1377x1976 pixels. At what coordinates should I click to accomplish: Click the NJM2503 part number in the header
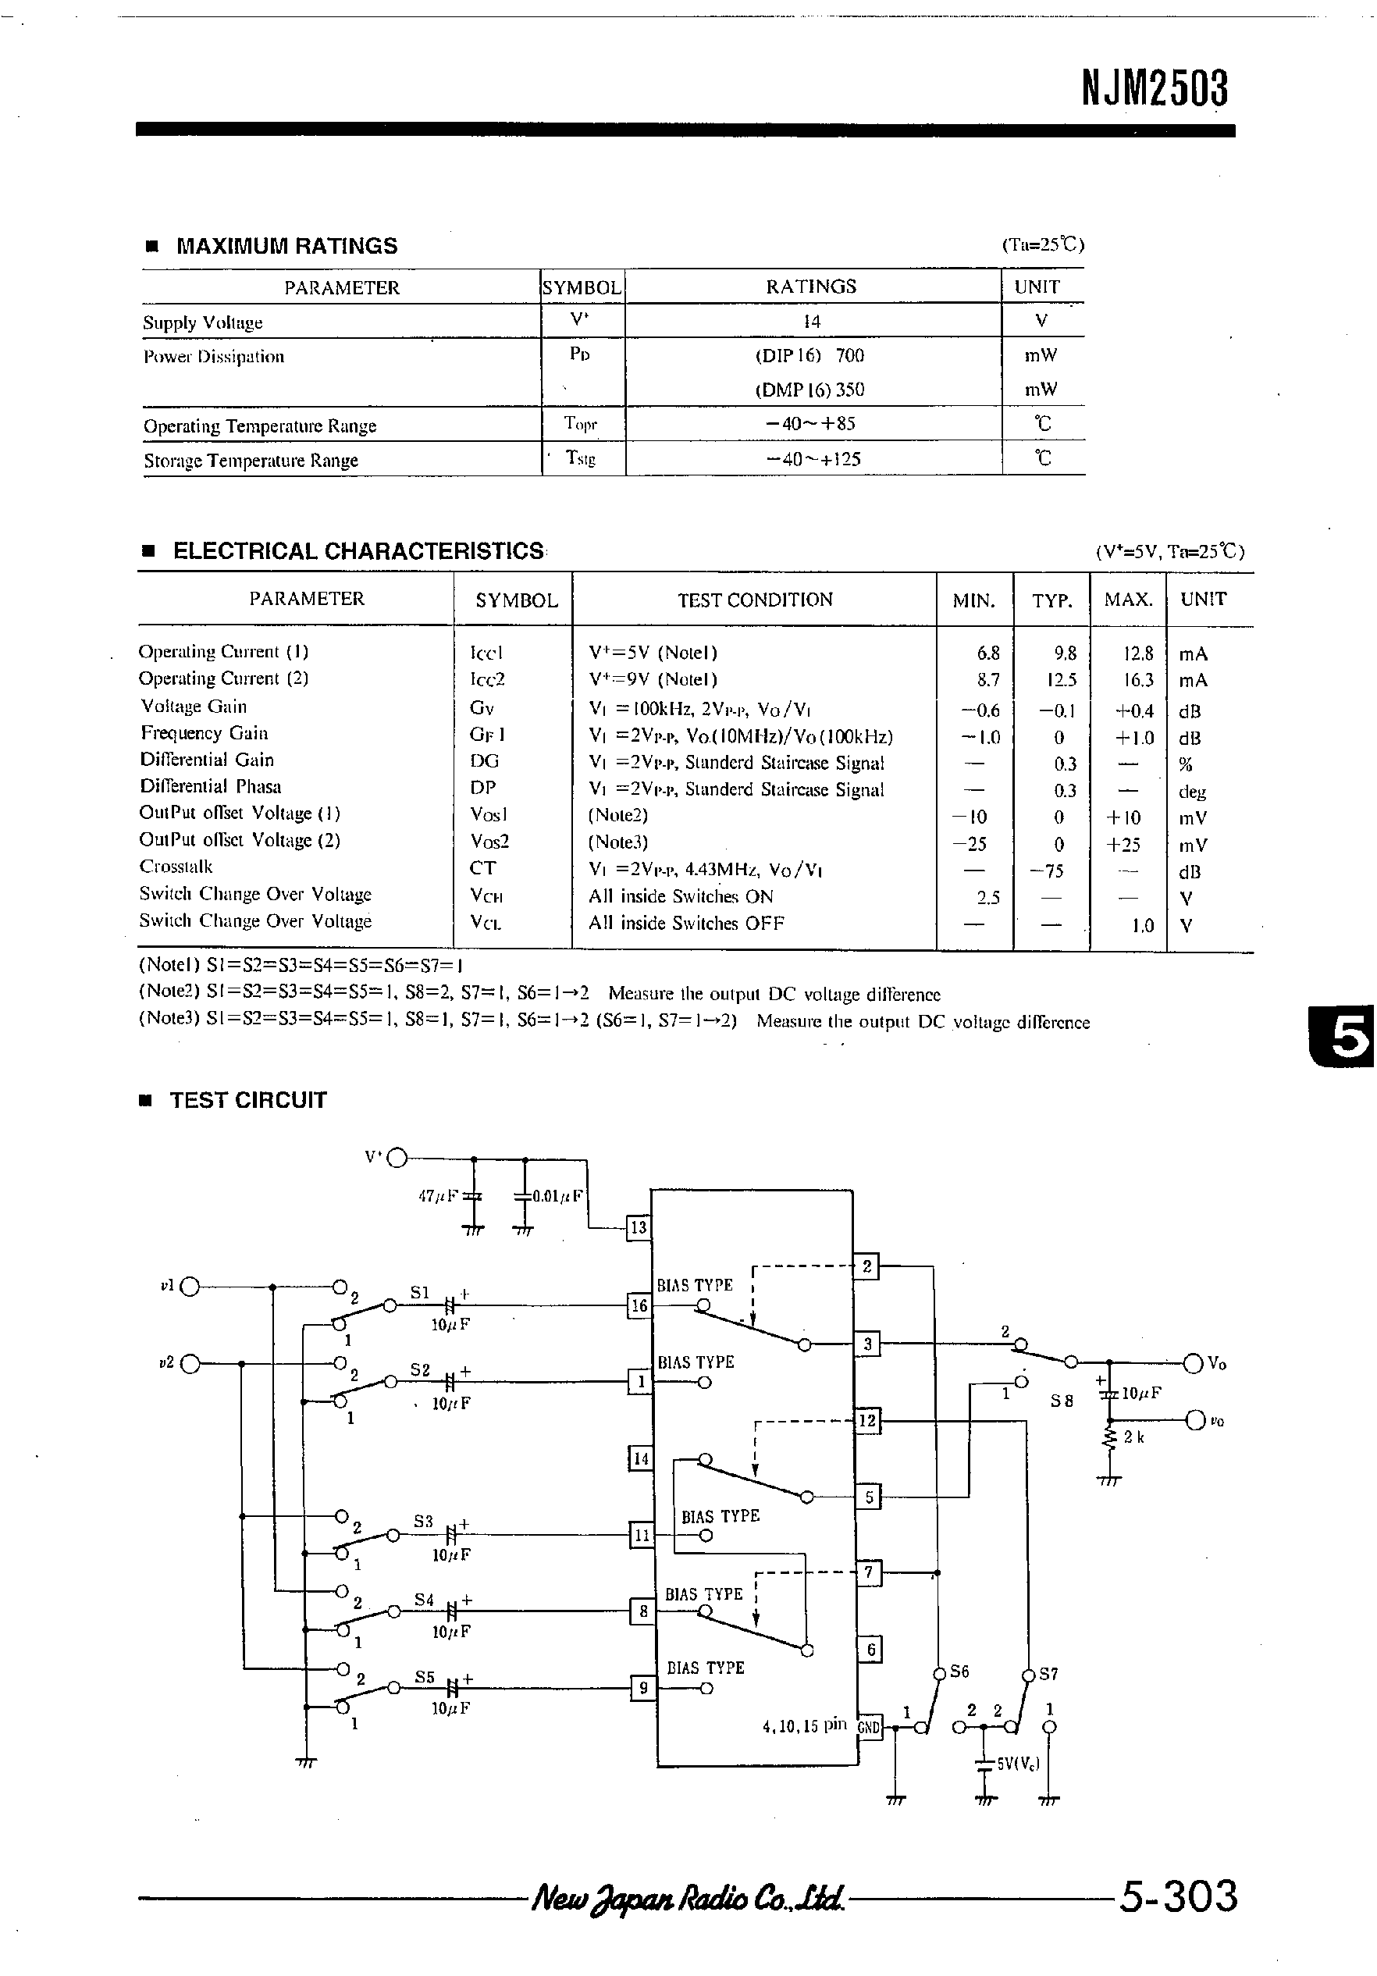point(1154,89)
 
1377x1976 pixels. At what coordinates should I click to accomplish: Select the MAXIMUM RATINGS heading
point(286,246)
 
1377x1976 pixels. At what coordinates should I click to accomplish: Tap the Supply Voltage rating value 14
point(812,321)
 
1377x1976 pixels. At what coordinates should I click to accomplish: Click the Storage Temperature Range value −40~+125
point(813,459)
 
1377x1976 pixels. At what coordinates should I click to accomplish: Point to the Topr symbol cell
point(580,423)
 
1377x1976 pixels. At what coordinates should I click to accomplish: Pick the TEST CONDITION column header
point(755,600)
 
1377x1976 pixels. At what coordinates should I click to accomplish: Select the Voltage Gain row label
point(194,707)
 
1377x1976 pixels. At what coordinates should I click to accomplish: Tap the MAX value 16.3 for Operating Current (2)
point(1138,680)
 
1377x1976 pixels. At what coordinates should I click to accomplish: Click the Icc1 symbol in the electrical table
point(486,653)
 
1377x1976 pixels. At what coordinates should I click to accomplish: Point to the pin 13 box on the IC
point(638,1227)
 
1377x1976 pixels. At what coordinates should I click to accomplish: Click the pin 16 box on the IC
point(639,1305)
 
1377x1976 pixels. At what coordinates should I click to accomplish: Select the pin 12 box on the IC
point(866,1421)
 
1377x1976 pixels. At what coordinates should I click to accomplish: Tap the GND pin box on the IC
point(870,1726)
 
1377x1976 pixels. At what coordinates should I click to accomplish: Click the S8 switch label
point(1061,1401)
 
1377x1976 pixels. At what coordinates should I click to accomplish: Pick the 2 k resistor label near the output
point(1133,1437)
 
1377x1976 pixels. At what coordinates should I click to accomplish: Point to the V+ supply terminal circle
point(397,1159)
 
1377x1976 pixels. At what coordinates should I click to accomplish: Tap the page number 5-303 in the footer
point(1177,1898)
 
